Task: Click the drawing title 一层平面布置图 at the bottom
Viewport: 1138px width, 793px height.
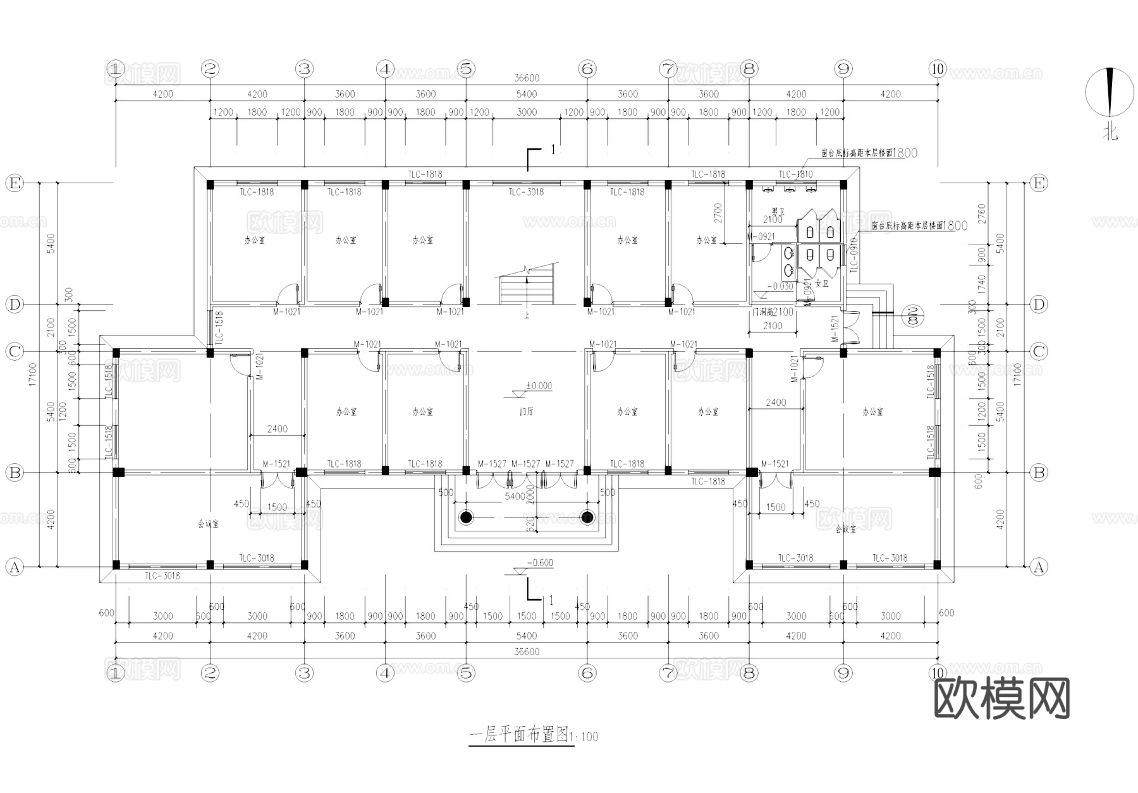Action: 520,735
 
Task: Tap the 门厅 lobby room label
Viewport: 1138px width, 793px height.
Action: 526,412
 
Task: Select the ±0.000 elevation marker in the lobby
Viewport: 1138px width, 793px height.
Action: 538,386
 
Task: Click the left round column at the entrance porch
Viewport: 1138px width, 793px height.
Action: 466,518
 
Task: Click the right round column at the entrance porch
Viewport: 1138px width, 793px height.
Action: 587,518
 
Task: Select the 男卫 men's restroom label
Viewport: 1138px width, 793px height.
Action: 778,211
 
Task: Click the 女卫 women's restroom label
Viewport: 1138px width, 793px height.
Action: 821,284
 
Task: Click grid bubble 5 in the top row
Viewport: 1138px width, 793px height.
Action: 466,69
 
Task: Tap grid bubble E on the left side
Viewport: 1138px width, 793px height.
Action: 14,183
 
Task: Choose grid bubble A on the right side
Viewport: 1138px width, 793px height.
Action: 1038,567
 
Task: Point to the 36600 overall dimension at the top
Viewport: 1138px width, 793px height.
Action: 527,78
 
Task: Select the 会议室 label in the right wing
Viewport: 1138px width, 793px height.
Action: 845,530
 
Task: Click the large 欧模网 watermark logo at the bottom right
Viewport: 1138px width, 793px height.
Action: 1001,699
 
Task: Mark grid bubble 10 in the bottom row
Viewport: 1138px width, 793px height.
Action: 937,673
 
